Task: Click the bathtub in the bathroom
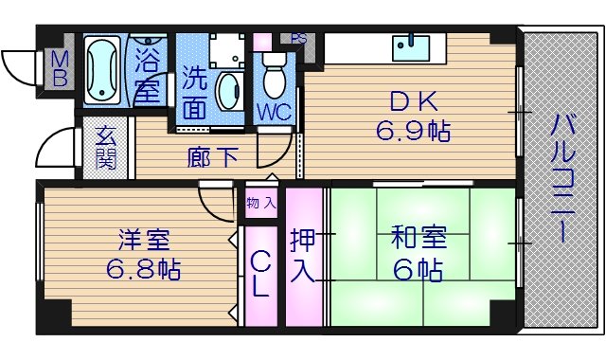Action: (x=101, y=68)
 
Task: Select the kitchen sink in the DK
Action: (x=412, y=45)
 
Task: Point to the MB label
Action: (x=60, y=68)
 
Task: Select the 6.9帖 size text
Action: (x=413, y=132)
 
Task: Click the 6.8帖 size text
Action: (x=142, y=268)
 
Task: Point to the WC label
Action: (x=274, y=109)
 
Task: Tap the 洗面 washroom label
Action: (x=194, y=92)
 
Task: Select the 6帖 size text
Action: (x=418, y=269)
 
